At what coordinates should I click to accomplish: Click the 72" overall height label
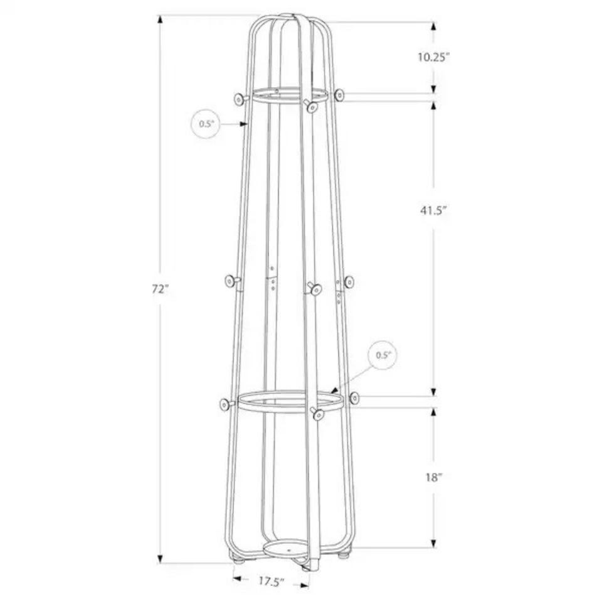160,289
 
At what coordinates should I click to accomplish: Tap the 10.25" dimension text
433,57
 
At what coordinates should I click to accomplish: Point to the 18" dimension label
434,478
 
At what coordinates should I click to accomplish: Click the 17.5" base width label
271,581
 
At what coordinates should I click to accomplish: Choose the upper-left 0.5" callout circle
206,124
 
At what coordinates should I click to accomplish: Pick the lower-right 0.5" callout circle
383,355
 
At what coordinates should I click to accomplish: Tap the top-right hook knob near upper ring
339,95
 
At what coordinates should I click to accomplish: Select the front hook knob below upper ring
312,107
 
